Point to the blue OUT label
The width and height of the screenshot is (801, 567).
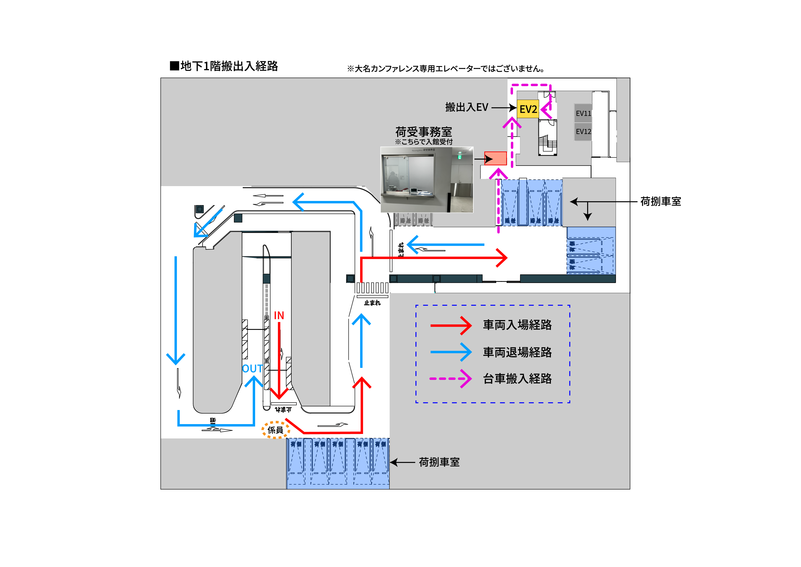tap(252, 369)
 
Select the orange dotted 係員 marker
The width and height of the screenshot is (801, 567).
tap(276, 430)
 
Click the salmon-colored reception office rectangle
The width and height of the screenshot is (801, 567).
tap(495, 158)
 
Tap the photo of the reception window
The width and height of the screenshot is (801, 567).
tap(427, 179)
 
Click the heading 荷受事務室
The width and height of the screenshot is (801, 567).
tap(423, 132)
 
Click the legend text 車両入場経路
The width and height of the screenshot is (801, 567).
tap(517, 325)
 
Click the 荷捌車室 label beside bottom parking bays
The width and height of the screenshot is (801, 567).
tap(439, 462)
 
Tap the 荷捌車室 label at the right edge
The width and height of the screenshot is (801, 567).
tap(660, 201)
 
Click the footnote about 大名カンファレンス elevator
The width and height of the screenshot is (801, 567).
tap(446, 68)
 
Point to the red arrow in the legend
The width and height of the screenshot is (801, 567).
tap(450, 325)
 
